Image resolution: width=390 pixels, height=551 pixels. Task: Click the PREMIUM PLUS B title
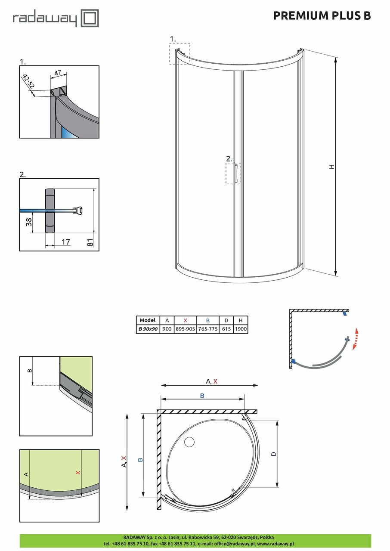point(322,16)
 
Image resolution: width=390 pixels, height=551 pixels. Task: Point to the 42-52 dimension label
point(29,82)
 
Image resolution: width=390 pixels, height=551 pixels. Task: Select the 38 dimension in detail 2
point(29,222)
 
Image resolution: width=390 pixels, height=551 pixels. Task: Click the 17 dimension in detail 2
point(65,242)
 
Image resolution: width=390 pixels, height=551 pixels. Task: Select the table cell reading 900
point(167,328)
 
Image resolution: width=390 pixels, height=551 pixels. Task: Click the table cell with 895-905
point(186,328)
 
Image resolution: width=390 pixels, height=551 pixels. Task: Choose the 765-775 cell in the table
point(208,328)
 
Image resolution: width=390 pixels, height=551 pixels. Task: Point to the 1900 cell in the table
point(241,328)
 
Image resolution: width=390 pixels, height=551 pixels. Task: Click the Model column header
point(148,320)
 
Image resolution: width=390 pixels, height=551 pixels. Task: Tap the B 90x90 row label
point(148,328)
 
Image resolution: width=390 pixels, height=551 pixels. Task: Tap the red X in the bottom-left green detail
point(78,472)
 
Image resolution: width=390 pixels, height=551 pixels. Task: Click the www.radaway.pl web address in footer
point(275,544)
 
